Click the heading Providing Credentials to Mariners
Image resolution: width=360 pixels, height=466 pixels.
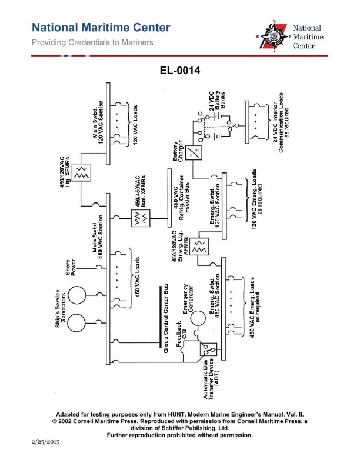click(94, 42)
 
